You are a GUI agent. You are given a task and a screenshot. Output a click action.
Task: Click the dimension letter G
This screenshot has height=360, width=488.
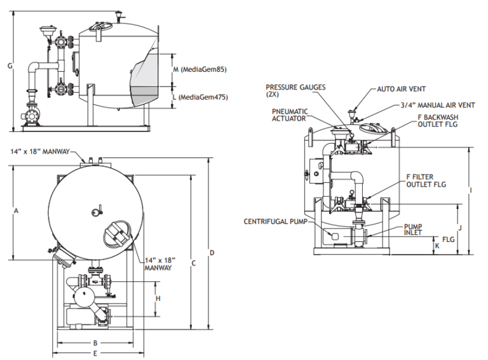coord(10,65)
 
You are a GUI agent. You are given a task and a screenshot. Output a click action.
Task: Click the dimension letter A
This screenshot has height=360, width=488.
coord(16,210)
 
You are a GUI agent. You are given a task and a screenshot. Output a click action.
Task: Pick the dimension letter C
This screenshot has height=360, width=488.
coord(194,263)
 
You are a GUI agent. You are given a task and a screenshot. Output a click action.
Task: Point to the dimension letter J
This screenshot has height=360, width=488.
coord(459,227)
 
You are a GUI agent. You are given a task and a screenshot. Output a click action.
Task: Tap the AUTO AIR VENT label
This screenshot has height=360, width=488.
coord(402,90)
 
